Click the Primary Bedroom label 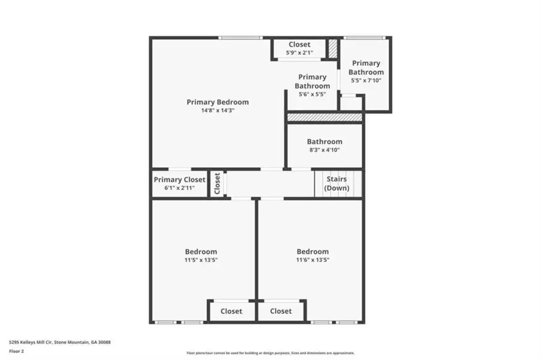click(217, 102)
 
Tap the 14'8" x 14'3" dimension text click(217, 111)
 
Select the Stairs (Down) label click(336, 183)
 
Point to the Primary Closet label click(179, 180)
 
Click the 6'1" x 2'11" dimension click(179, 188)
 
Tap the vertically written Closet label click(218, 184)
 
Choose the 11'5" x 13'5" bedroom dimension click(201, 260)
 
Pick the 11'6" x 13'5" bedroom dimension click(312, 260)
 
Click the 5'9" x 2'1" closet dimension click(299, 53)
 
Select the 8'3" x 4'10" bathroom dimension click(324, 150)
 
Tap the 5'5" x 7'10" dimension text click(366, 80)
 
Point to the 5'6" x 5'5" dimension click(312, 94)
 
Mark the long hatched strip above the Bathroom click(324, 117)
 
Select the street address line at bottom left click(60, 342)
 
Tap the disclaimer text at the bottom click(270, 353)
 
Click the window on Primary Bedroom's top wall click(240, 38)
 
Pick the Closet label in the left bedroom click(231, 311)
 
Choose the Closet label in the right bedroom click(280, 311)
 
